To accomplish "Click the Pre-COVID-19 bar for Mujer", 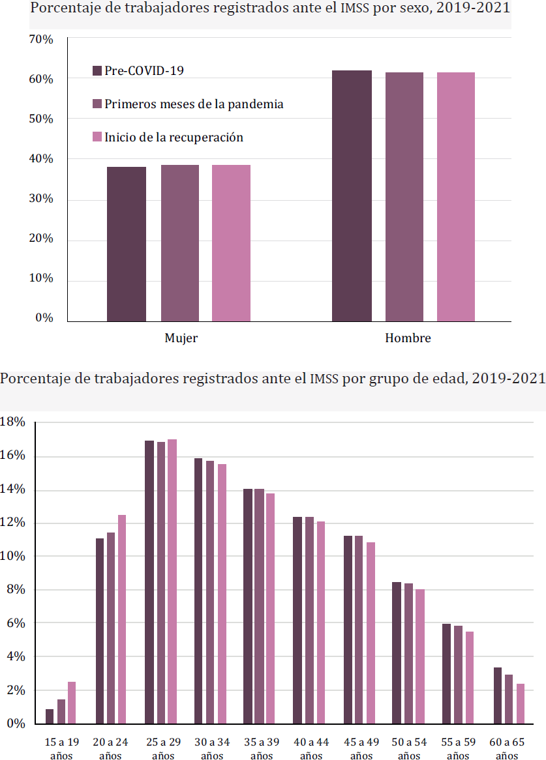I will tap(127, 244).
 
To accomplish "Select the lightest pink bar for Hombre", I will tap(455, 196).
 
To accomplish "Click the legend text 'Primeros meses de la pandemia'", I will tap(194, 104).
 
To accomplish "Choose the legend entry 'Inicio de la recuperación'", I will tap(174, 137).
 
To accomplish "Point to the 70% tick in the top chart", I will tap(40, 40).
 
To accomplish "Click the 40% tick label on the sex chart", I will tap(40, 159).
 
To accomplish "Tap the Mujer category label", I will tap(181, 338).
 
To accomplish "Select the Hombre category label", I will tap(408, 338).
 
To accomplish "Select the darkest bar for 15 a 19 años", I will tap(50, 716).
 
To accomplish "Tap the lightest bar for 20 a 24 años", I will tap(122, 619).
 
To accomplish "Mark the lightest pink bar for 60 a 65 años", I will tap(520, 703).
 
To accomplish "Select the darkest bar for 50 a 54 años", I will tap(397, 652).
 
